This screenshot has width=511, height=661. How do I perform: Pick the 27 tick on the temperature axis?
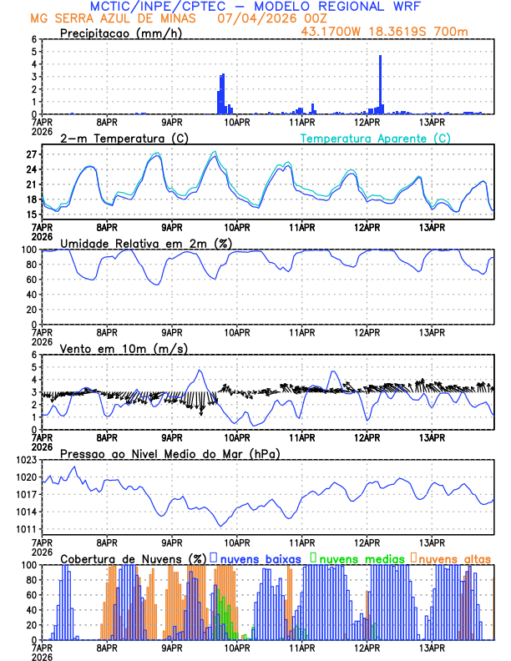tap(32, 154)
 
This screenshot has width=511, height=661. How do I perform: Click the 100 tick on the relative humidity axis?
tap(29, 250)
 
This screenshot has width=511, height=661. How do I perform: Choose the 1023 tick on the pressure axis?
tap(27, 460)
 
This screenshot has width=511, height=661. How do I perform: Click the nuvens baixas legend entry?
tap(261, 558)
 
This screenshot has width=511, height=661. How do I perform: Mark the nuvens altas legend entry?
tap(454, 558)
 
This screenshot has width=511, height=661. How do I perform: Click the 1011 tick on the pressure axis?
tap(27, 529)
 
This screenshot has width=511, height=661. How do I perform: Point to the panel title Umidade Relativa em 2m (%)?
tap(146, 243)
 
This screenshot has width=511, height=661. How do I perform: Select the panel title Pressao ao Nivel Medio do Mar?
tap(170, 453)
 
